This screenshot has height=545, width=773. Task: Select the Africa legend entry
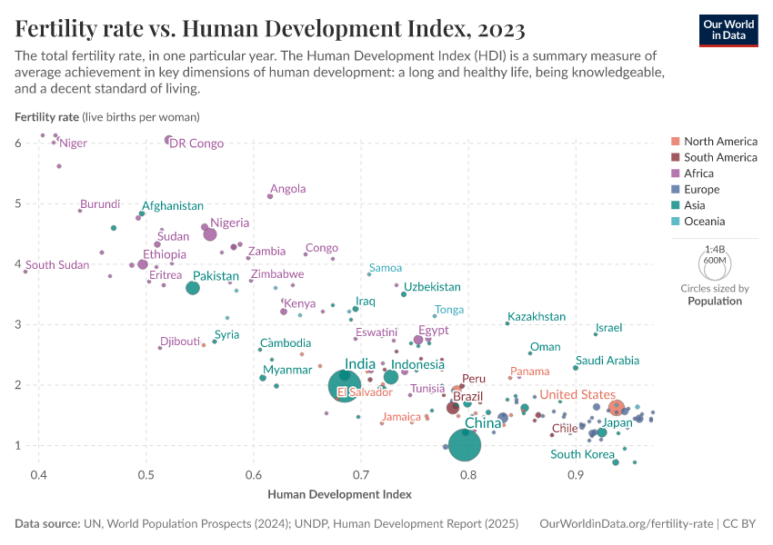pyautogui.click(x=698, y=173)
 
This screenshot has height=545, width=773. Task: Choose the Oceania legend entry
pyautogui.click(x=702, y=222)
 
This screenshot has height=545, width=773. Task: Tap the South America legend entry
pyautogui.click(x=720, y=157)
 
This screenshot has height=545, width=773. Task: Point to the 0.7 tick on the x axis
pyautogui.click(x=361, y=474)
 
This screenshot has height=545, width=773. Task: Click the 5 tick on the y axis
pyautogui.click(x=18, y=203)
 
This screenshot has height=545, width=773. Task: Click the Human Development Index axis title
pyautogui.click(x=340, y=494)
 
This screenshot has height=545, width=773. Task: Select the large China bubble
pyautogui.click(x=466, y=445)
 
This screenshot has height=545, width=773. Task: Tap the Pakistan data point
pyautogui.click(x=193, y=288)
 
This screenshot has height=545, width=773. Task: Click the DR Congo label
pyautogui.click(x=196, y=144)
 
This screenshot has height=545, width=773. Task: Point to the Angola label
pyautogui.click(x=288, y=189)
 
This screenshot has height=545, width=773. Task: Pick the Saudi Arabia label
pyautogui.click(x=607, y=361)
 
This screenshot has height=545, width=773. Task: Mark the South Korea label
pyautogui.click(x=582, y=454)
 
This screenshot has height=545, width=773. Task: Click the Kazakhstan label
pyautogui.click(x=537, y=317)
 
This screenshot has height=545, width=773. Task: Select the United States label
pyautogui.click(x=577, y=394)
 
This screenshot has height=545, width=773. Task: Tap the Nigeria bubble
pyautogui.click(x=210, y=234)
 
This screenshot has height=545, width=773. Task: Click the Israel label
pyautogui.click(x=609, y=328)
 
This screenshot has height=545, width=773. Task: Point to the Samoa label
pyautogui.click(x=386, y=268)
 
